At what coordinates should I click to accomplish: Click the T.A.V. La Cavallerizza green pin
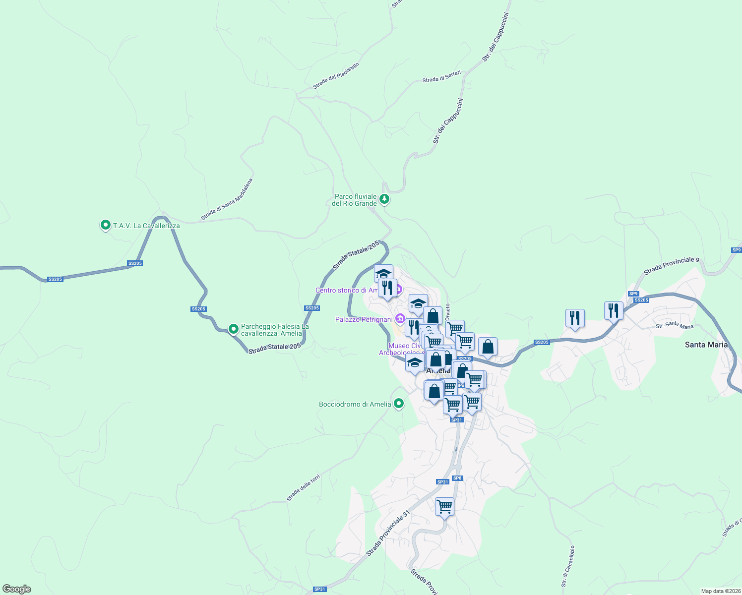105,226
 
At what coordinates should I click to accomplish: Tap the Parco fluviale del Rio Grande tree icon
384,199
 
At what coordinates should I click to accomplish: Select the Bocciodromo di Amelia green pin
398,404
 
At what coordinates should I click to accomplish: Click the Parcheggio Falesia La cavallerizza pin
233,329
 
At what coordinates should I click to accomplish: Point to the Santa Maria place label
706,345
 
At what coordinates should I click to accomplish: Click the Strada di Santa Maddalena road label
227,199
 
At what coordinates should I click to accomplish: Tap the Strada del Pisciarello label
336,76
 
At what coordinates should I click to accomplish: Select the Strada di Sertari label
441,76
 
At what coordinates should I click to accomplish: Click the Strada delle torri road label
303,488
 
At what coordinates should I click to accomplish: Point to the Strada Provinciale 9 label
671,266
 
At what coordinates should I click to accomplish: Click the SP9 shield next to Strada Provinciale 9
633,294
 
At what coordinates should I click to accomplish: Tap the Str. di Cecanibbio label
568,566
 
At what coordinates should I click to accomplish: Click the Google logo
17,589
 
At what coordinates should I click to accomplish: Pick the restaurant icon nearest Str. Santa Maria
614,310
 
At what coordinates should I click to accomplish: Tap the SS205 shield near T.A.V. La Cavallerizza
135,263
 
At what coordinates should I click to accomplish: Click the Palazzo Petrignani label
364,319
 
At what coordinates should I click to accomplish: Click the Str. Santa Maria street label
675,326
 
